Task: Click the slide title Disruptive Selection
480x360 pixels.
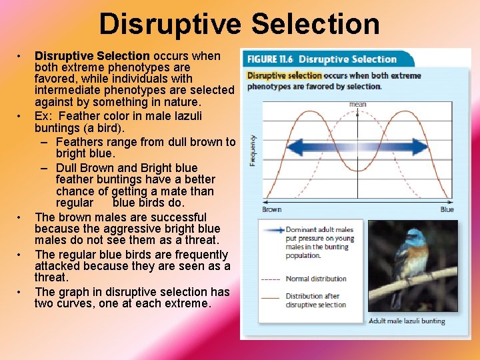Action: coord(239,25)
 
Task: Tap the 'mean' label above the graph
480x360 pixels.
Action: coord(357,105)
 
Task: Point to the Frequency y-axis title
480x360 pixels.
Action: coord(252,150)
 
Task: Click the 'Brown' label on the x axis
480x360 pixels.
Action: coord(271,209)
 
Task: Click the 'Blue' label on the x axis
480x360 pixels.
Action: coord(447,209)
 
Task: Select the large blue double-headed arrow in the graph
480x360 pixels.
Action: coord(358,146)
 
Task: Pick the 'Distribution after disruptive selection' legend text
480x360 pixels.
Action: coord(316,301)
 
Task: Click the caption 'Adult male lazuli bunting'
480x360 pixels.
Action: coord(407,321)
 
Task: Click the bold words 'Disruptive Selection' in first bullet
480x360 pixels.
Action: coord(92,56)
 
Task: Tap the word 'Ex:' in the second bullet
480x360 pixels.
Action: coord(45,116)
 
